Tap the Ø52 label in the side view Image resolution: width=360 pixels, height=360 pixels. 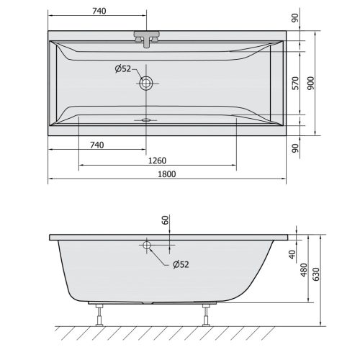tap(180, 264)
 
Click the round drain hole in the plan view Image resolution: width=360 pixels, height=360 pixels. tap(147, 83)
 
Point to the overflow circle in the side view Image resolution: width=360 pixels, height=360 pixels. tap(147, 246)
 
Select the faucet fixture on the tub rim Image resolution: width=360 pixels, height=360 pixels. tap(147, 39)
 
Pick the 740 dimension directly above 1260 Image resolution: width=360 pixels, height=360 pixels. tap(98, 145)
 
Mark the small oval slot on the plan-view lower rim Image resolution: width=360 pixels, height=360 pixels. tap(147, 120)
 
